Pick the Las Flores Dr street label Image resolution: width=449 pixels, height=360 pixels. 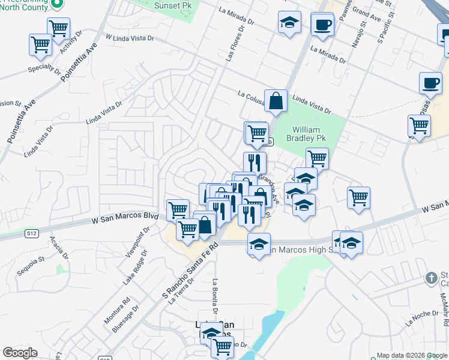point(235,43)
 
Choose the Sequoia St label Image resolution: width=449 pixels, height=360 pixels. point(31,265)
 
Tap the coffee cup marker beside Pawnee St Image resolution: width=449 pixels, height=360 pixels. point(322,25)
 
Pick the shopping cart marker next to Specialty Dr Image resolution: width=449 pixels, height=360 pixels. point(40,44)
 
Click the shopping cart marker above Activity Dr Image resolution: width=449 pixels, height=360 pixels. point(59,27)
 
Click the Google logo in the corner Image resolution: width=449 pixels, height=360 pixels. point(20,353)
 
